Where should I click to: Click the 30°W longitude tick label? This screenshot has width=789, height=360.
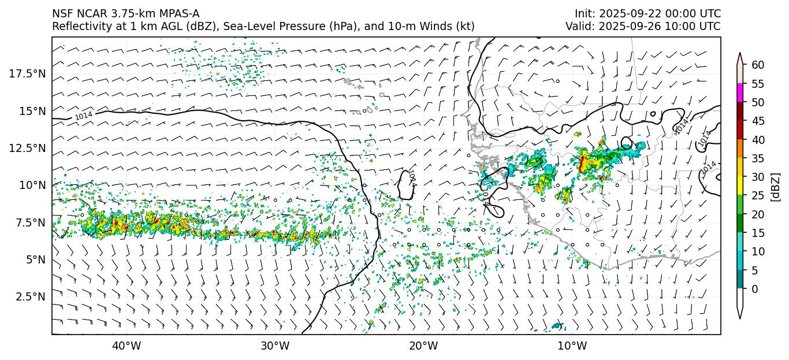(275, 346)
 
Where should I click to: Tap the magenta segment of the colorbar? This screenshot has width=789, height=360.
(740, 93)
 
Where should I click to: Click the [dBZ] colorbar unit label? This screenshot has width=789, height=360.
(776, 186)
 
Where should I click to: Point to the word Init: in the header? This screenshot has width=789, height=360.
(587, 14)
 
